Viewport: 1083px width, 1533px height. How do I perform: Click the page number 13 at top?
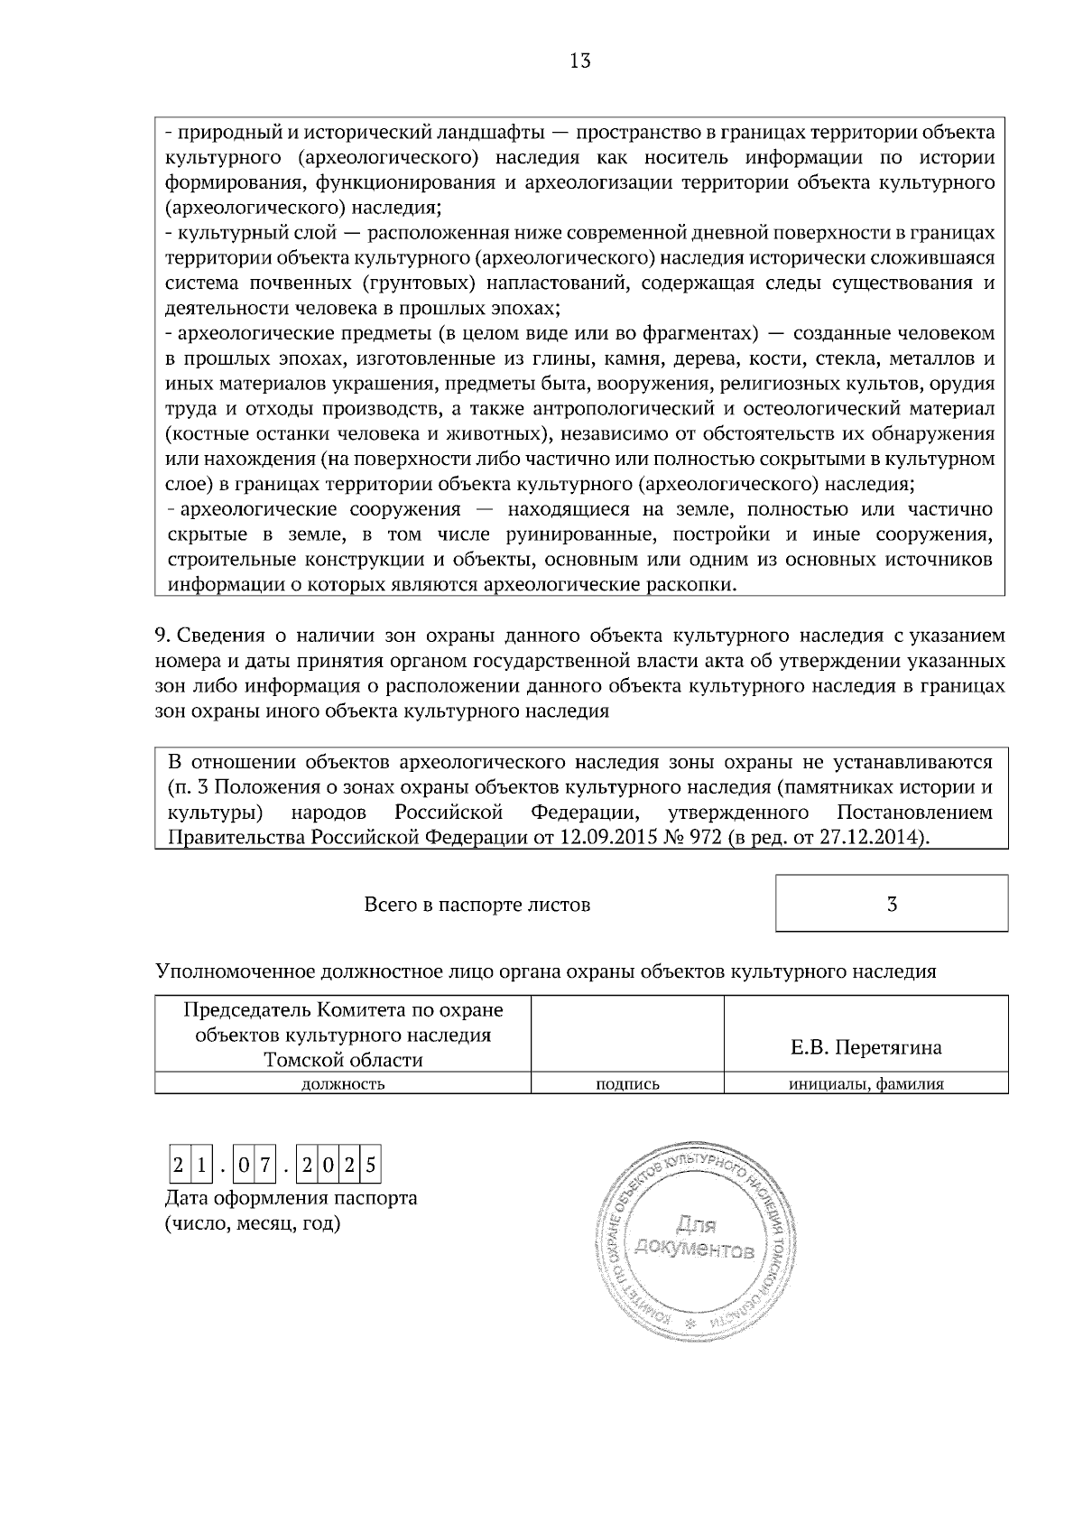[x=580, y=61]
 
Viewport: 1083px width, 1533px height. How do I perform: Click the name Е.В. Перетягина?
[x=865, y=1047]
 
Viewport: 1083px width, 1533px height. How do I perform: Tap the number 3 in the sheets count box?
[x=892, y=904]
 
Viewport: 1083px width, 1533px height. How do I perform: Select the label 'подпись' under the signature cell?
[x=627, y=1084]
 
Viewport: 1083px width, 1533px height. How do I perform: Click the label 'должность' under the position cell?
[x=342, y=1084]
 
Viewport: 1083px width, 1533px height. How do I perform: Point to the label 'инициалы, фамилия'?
[x=865, y=1084]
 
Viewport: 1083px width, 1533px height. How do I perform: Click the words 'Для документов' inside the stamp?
[x=693, y=1238]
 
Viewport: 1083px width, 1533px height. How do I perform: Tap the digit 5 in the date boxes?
[x=370, y=1166]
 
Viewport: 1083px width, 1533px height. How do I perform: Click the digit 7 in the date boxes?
[x=264, y=1166]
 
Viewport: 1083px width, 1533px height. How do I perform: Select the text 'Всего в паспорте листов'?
[x=477, y=904]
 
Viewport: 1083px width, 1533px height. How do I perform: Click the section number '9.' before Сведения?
[x=162, y=636]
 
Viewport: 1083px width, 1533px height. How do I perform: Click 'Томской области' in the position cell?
[x=343, y=1059]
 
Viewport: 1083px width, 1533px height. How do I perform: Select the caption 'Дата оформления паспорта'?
[x=291, y=1199]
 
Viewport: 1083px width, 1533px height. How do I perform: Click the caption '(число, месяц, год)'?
[x=252, y=1224]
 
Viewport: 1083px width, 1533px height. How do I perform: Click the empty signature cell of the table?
[x=627, y=1032]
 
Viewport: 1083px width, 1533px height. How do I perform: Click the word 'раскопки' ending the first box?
[x=697, y=585]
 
